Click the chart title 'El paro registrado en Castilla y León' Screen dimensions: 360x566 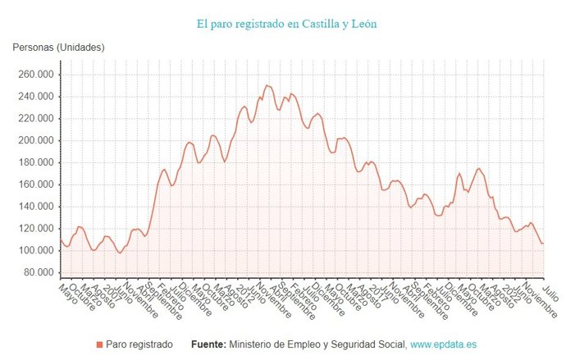pos(287,24)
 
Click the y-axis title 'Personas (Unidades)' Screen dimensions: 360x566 pos(58,48)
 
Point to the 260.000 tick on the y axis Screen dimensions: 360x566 pos(35,74)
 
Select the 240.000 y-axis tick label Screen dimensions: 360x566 pos(35,96)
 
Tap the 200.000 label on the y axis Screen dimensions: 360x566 pos(35,140)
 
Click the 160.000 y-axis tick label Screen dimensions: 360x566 pos(35,185)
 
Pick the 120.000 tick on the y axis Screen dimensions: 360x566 pos(35,229)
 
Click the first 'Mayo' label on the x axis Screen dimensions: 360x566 pos(68,292)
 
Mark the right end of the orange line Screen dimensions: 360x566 pos(543,244)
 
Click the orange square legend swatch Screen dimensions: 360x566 pos(99,345)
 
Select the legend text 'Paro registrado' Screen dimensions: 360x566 pos(139,345)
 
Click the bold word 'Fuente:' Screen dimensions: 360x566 pos(208,345)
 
